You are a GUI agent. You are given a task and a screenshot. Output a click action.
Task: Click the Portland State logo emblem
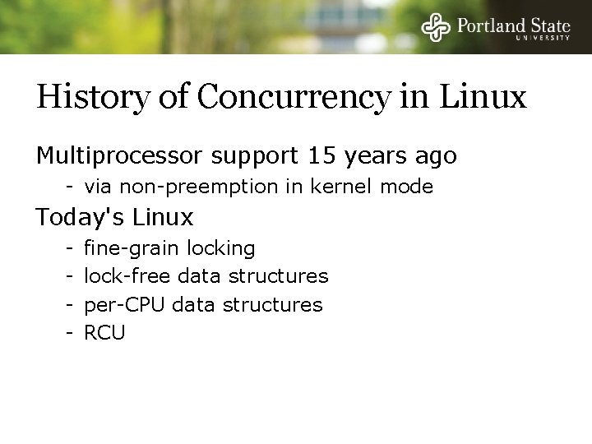pyautogui.click(x=437, y=26)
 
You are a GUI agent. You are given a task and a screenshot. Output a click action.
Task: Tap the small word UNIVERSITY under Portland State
pyautogui.click(x=543, y=38)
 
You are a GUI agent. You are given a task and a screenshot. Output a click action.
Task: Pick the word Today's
pyautogui.click(x=79, y=218)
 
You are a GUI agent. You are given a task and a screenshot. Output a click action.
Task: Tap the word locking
pyautogui.click(x=221, y=248)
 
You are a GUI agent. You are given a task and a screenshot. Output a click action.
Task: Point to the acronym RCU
pyautogui.click(x=105, y=333)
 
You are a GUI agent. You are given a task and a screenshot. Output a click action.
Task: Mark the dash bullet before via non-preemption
pyautogui.click(x=72, y=187)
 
